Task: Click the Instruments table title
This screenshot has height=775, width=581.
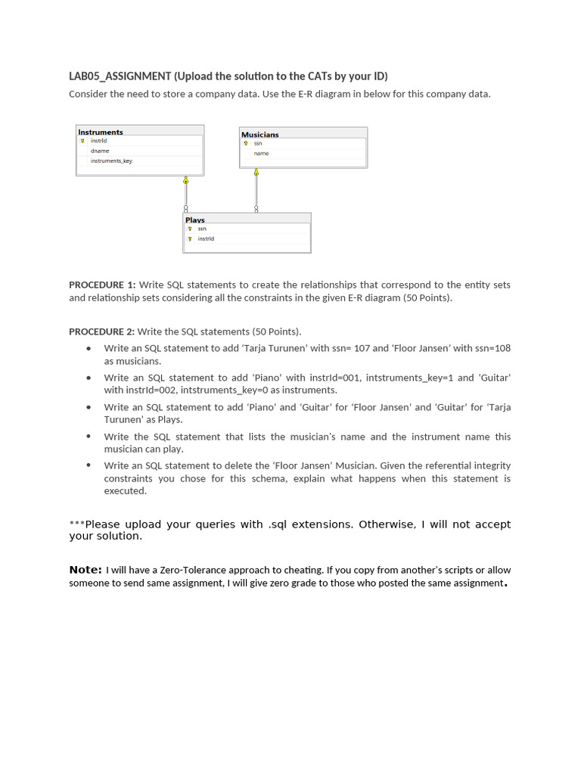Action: [101, 132]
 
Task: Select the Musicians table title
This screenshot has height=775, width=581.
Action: [259, 134]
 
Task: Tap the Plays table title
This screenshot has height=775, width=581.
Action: [195, 219]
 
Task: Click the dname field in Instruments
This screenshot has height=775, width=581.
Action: [100, 151]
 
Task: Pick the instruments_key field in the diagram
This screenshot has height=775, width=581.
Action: [111, 160]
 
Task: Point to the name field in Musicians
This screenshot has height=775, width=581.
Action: [261, 154]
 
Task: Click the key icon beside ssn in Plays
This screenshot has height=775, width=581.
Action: [190, 229]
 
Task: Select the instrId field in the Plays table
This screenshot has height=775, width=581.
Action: [206, 238]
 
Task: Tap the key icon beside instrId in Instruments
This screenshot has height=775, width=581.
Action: [82, 141]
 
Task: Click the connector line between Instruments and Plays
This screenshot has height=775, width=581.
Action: [185, 195]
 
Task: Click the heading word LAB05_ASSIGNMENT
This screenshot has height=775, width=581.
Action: [120, 76]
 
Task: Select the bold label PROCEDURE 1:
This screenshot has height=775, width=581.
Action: [102, 285]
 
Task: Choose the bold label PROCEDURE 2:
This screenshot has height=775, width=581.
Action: [102, 331]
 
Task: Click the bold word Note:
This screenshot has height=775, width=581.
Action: [85, 569]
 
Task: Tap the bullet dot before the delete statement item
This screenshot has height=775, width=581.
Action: [89, 465]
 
